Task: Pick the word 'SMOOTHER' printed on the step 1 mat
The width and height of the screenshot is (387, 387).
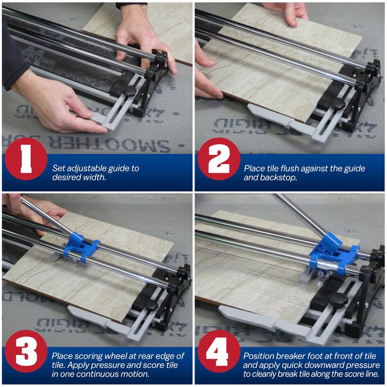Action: pos(131,144)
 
